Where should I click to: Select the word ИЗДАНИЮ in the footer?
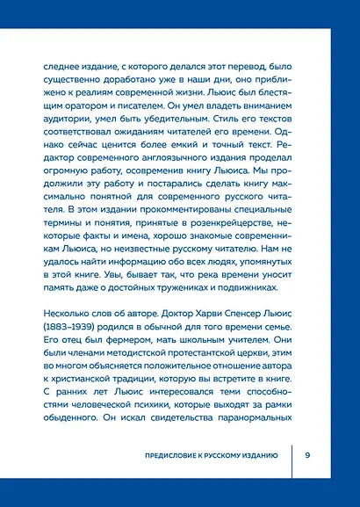click(256, 455)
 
